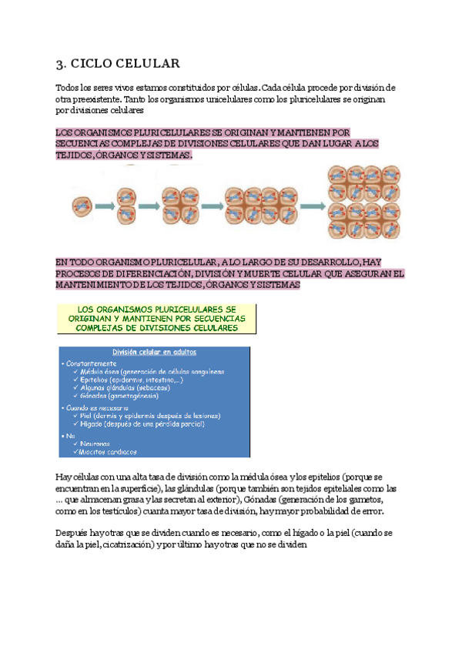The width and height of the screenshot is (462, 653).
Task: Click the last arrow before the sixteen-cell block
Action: (310, 206)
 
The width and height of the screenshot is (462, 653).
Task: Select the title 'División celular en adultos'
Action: (154, 352)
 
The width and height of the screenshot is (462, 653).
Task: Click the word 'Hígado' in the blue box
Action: (92, 424)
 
